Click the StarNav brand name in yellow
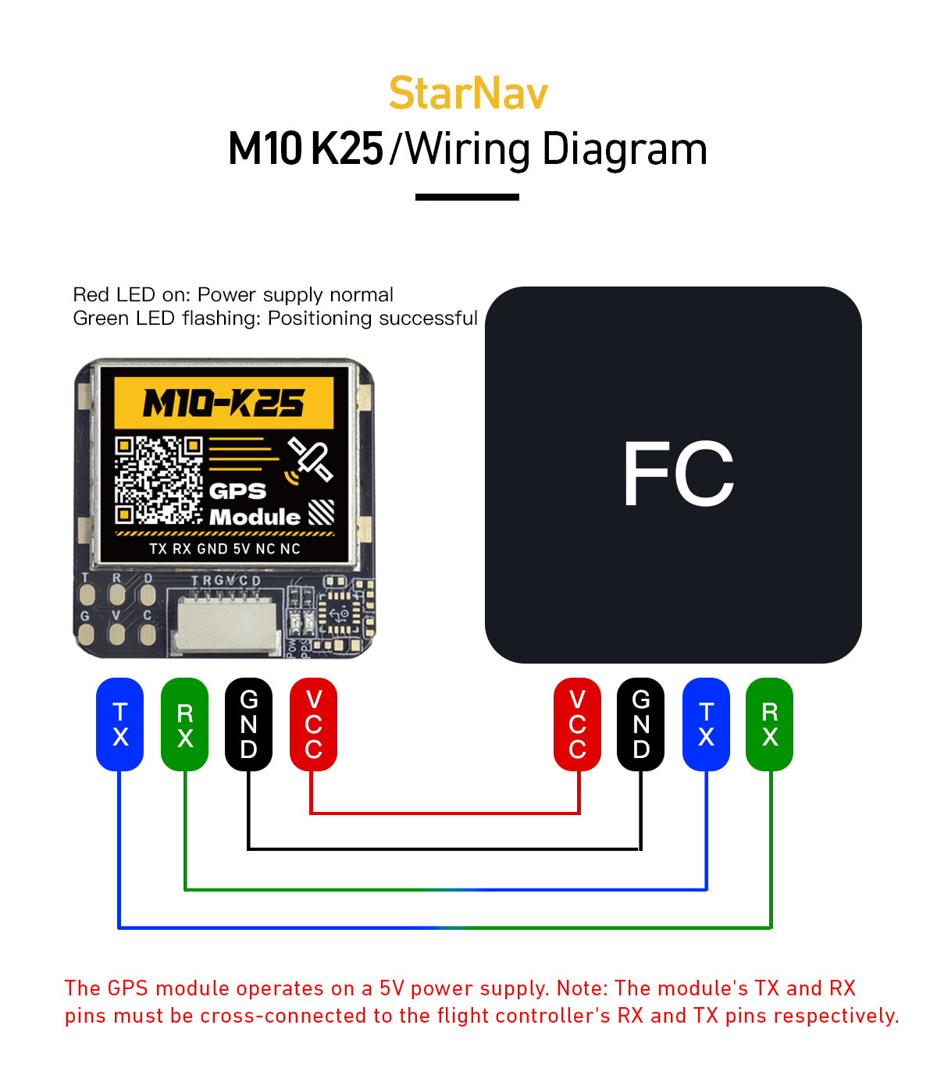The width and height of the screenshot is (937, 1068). tap(468, 94)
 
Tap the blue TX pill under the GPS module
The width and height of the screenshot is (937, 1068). tap(119, 724)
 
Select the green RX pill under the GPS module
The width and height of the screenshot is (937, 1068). tap(184, 724)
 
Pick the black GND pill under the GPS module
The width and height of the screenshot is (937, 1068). tap(248, 724)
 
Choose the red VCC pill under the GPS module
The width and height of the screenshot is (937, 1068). tap(313, 724)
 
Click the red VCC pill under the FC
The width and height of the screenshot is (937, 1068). tap(577, 724)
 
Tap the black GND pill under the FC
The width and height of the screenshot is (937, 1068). tap(641, 724)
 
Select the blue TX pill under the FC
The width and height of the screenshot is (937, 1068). tap(706, 724)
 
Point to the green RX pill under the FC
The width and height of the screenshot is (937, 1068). tap(770, 724)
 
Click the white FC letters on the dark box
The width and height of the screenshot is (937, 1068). tap(678, 474)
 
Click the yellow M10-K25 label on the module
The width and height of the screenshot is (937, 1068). tap(224, 403)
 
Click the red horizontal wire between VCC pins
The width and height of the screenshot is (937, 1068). tap(445, 813)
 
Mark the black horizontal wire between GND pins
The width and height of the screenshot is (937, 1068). tap(445, 848)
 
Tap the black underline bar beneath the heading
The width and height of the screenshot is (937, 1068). tap(467, 197)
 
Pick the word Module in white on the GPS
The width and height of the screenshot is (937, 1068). tap(255, 517)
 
